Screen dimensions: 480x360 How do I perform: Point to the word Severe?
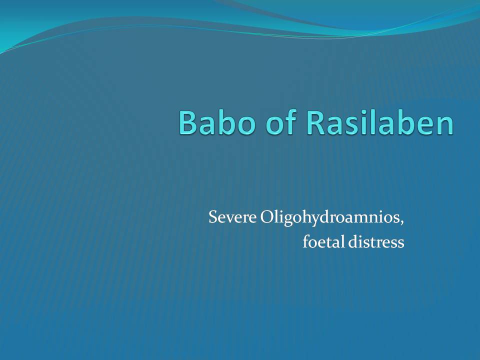point(232,217)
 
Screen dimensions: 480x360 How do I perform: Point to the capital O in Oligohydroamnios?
point(267,217)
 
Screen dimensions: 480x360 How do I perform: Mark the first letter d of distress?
point(353,242)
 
